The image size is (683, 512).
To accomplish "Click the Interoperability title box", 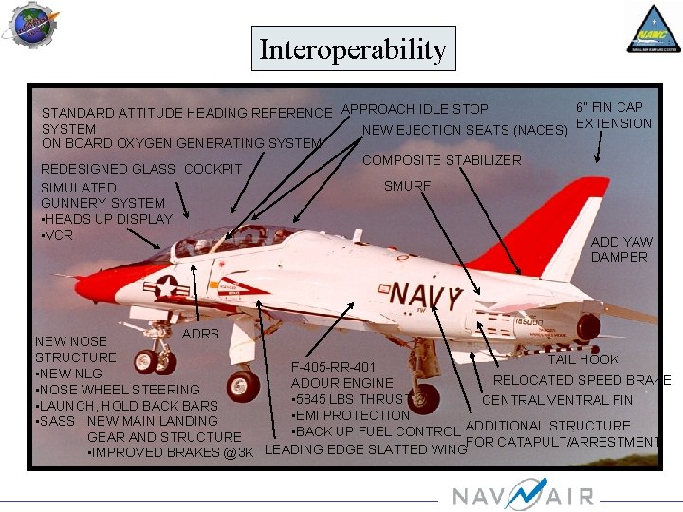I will [x=353, y=48].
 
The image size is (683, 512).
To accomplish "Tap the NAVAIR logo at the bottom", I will [x=523, y=495].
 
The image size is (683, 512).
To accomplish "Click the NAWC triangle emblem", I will [x=652, y=28].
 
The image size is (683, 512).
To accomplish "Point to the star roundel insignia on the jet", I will [x=168, y=285].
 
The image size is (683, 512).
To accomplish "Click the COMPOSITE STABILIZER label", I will [x=442, y=160].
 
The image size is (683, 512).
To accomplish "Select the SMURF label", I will [x=407, y=186].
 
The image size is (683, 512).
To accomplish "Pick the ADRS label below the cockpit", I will [x=200, y=334].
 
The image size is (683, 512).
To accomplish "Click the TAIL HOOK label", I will [x=582, y=359].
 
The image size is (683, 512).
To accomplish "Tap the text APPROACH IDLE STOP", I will [x=415, y=110].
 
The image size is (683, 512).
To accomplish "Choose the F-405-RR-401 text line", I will [x=333, y=367].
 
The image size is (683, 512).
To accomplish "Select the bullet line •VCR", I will [x=57, y=234].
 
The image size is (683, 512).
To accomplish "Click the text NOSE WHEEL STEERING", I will [x=120, y=390].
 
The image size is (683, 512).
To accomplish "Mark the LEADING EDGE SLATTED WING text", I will [x=364, y=449].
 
